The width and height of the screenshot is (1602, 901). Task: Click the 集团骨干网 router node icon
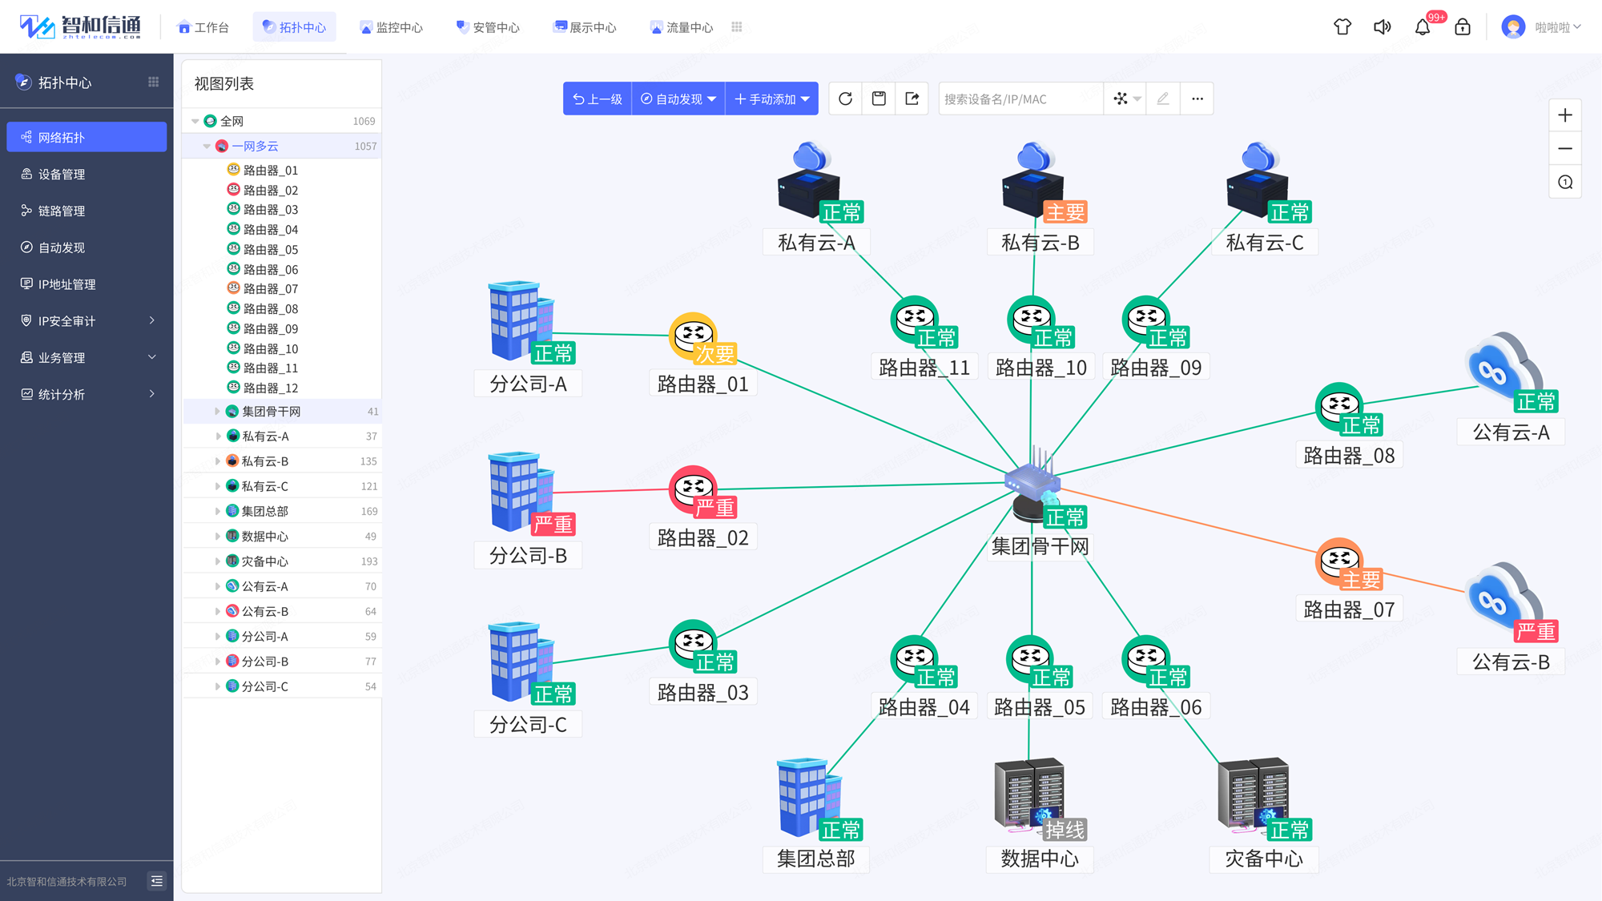coord(1033,484)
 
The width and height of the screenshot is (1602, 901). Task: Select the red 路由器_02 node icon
coord(693,489)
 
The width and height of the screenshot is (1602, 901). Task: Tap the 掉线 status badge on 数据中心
coord(1065,830)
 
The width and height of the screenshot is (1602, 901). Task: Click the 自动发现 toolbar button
coord(678,99)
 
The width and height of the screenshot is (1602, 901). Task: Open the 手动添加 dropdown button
coord(771,99)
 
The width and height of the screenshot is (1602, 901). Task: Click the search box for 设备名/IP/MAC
coord(1020,99)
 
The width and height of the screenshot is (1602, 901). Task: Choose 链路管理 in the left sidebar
coord(62,211)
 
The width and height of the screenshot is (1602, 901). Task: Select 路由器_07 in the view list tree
coord(270,288)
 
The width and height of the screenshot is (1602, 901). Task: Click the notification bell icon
coord(1423,27)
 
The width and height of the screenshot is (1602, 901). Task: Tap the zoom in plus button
coord(1565,115)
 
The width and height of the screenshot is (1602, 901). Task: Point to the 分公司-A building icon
coord(521,320)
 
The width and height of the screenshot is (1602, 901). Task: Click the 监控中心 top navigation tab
coord(392,27)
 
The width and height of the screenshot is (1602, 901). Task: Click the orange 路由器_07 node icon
coord(1339,561)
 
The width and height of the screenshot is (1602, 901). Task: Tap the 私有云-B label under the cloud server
coord(1040,243)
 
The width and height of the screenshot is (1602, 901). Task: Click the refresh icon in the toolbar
coord(845,99)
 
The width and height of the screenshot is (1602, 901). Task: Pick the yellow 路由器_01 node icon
coord(693,336)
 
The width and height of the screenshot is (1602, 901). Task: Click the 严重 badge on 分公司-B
coord(553,524)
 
